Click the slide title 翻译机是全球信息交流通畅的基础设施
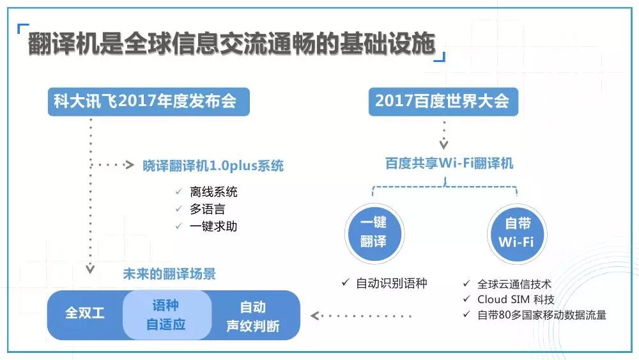231,43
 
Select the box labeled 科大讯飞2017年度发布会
149,102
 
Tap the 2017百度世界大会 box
443,102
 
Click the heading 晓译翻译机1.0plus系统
213,166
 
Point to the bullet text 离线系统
213,192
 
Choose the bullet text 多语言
208,209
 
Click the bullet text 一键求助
213,226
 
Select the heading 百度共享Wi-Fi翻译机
449,164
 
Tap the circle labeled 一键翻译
374,233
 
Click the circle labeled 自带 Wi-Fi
517,233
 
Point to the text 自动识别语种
392,283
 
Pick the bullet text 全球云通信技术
514,284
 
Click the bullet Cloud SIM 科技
516,300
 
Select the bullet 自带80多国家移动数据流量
542,315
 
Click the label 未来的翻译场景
169,274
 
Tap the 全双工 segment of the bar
85,313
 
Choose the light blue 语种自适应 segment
167,315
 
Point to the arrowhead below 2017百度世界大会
444,145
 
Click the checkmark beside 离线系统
178,191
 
